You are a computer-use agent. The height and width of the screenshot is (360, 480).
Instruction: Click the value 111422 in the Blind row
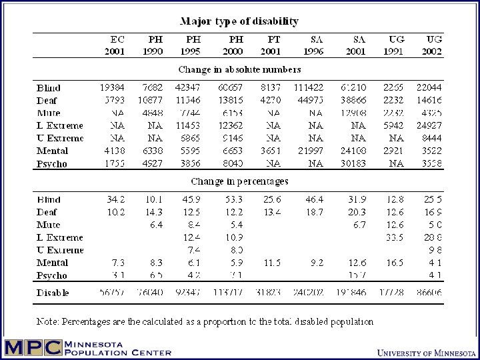point(316,87)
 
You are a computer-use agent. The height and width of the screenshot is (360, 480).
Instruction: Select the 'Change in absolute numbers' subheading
point(239,69)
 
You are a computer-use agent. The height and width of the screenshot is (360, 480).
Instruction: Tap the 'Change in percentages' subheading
point(239,181)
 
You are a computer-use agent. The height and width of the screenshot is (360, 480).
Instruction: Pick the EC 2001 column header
point(114,45)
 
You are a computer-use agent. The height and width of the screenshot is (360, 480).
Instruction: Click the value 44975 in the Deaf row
point(316,100)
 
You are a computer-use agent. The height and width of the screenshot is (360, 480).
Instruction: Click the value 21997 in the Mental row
point(316,151)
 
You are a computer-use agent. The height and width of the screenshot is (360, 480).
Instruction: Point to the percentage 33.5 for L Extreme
point(396,237)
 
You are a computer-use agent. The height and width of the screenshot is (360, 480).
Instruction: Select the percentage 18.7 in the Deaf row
point(316,212)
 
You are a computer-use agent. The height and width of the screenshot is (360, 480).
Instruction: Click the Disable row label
point(53,293)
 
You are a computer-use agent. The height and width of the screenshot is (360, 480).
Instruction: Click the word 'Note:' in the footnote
point(48,322)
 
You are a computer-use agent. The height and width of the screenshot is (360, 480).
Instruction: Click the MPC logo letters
point(32,348)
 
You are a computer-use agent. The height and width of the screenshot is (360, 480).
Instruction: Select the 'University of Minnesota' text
point(423,352)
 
